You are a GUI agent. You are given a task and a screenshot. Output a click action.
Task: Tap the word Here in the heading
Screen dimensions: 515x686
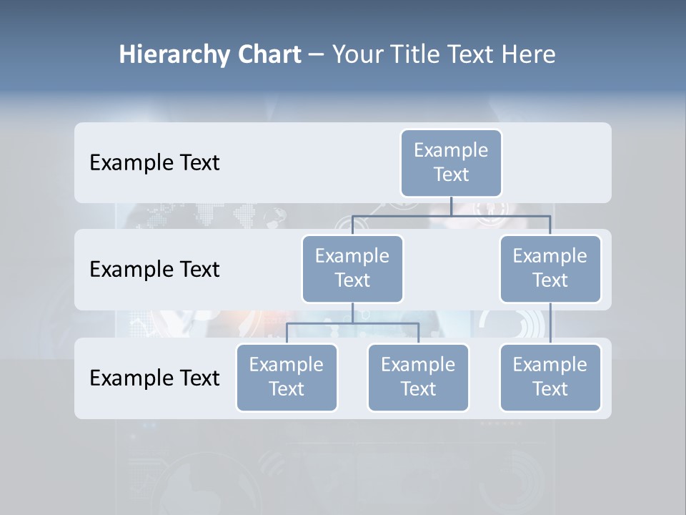point(528,54)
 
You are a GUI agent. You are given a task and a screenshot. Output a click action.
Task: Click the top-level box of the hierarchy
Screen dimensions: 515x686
point(451,163)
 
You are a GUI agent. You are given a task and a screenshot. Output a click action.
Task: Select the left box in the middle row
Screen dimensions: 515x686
point(352,269)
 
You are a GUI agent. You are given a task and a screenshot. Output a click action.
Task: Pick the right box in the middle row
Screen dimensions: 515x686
point(550,269)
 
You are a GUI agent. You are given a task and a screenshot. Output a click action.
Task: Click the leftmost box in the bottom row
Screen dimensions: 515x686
point(287,378)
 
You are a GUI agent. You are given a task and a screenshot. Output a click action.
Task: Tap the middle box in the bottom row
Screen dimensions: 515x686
point(418,378)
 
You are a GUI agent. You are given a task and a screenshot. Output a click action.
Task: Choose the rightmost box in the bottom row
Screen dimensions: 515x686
point(550,378)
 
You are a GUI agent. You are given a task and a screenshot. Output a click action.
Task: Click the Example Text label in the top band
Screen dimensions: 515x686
point(154,163)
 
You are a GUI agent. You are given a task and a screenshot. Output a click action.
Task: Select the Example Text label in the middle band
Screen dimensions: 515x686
point(154,270)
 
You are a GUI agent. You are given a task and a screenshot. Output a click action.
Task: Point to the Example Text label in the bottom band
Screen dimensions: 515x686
point(154,378)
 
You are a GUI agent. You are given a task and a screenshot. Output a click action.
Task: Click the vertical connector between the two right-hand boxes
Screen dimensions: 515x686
point(550,323)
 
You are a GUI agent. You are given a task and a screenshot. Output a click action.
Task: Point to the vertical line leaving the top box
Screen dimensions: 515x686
point(451,206)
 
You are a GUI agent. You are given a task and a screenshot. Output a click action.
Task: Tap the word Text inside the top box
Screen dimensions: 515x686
point(451,175)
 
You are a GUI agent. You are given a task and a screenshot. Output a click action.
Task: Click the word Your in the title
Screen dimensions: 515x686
point(357,54)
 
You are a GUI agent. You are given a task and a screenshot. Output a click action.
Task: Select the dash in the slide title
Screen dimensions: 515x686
point(317,54)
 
